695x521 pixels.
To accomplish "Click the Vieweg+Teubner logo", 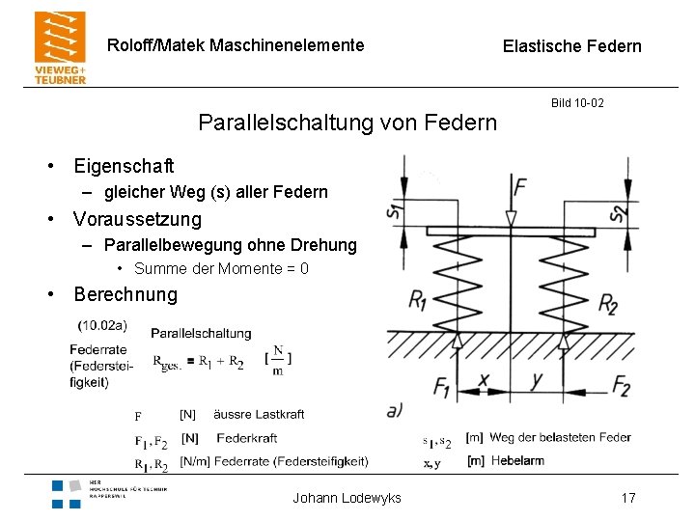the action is point(60,47).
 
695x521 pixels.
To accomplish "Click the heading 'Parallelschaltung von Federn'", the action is point(347,123).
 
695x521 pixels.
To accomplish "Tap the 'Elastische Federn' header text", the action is point(571,46).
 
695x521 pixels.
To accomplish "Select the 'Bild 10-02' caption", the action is point(577,102).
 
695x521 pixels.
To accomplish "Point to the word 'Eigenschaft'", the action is point(124,166).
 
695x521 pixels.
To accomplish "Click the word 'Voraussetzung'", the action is point(137,219).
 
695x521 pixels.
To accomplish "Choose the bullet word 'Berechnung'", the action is point(125,294).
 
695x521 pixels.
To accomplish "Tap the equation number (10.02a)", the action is point(102,325).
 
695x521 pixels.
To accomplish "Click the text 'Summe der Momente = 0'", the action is point(221,269).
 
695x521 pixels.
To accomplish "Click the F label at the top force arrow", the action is point(521,185).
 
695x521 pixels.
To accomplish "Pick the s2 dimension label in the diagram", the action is point(620,208).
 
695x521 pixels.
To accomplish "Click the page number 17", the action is point(628,498).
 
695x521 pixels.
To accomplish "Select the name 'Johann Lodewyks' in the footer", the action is point(347,498).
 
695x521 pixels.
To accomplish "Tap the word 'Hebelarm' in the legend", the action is point(516,461).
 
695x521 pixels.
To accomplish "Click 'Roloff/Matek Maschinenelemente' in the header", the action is point(236,45).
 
